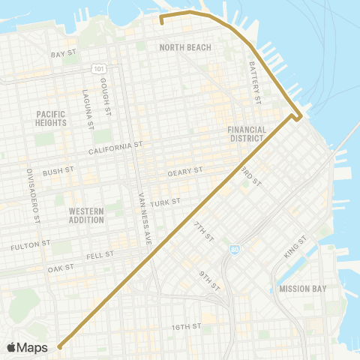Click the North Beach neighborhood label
click(x=185, y=47)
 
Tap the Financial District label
click(x=247, y=133)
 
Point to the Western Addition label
click(x=85, y=216)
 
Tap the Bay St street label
click(x=64, y=54)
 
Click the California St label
click(x=115, y=148)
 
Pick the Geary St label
click(x=185, y=171)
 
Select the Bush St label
click(x=57, y=172)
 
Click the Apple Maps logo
click(x=28, y=347)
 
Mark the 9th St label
click(x=208, y=281)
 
